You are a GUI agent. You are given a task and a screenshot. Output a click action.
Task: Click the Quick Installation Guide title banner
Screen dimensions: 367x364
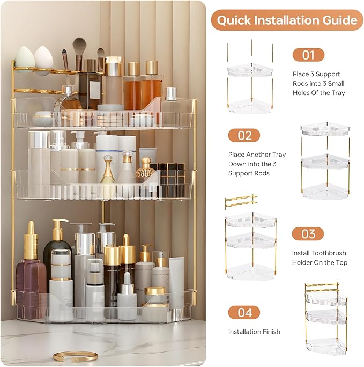tap(287, 20)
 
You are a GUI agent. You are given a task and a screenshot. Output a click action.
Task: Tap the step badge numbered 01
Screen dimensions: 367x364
tap(308, 55)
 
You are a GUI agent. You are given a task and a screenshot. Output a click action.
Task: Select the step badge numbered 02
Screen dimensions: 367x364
tap(244, 135)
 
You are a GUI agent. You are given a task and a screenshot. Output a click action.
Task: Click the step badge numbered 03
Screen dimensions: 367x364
tap(308, 233)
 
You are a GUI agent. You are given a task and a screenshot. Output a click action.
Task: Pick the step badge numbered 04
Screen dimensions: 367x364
tap(244, 312)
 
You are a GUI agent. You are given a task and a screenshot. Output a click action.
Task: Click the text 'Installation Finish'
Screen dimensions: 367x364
tap(254, 332)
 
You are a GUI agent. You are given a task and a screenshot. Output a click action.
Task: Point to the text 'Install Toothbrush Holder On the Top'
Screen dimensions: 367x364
tap(319, 258)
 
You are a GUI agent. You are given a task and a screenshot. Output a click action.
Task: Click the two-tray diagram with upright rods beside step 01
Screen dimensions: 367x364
tap(249, 80)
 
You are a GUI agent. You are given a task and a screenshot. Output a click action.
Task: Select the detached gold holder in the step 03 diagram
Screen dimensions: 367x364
tap(240, 202)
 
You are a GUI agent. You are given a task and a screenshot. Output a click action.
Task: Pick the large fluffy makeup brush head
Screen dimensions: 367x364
tap(80, 47)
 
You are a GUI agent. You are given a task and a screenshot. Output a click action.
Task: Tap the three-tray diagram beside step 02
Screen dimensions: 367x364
tap(325, 161)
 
